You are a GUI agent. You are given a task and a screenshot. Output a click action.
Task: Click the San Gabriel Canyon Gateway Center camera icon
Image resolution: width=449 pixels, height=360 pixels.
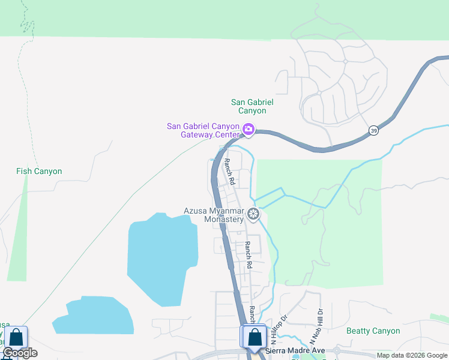coord(249,130)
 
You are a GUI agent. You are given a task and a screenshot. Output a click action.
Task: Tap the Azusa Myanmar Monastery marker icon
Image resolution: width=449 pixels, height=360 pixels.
coord(253,214)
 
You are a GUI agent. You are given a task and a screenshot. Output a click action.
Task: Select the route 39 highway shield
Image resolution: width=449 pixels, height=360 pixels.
coord(374,131)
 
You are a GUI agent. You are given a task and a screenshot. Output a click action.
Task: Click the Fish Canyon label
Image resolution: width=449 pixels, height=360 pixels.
coord(39,171)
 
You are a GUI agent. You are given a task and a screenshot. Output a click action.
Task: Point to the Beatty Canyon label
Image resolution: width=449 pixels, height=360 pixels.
coord(373,331)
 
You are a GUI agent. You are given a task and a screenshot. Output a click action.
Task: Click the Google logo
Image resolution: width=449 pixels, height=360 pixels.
coord(20,353)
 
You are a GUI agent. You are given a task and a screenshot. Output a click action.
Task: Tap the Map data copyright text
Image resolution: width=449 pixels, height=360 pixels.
coord(412,355)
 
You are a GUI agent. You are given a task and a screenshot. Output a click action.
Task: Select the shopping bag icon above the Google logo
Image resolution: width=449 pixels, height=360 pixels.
coord(16,337)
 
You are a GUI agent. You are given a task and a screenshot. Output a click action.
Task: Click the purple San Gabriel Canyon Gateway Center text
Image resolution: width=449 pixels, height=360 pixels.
coord(203,130)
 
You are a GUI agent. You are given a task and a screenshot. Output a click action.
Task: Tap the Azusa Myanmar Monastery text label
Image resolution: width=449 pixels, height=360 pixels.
coord(214,215)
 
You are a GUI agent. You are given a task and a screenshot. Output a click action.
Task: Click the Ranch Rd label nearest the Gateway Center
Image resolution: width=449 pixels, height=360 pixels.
coord(229,171)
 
